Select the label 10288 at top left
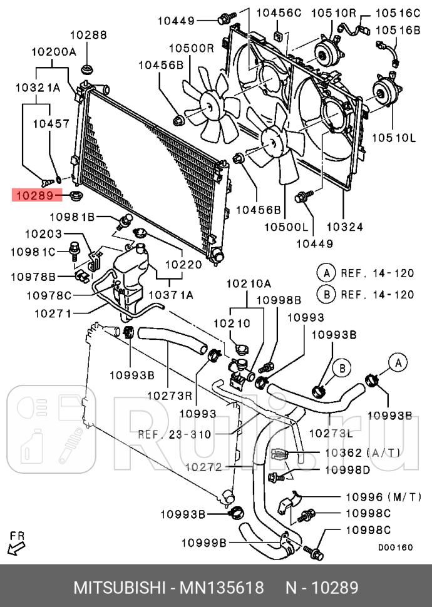(x=88, y=36)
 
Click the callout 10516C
(x=398, y=13)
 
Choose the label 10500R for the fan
(x=191, y=48)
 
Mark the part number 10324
(x=345, y=227)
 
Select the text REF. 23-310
(x=175, y=434)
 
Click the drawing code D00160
(x=395, y=547)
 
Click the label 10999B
(x=204, y=542)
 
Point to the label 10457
(x=51, y=124)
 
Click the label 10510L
(x=394, y=137)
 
